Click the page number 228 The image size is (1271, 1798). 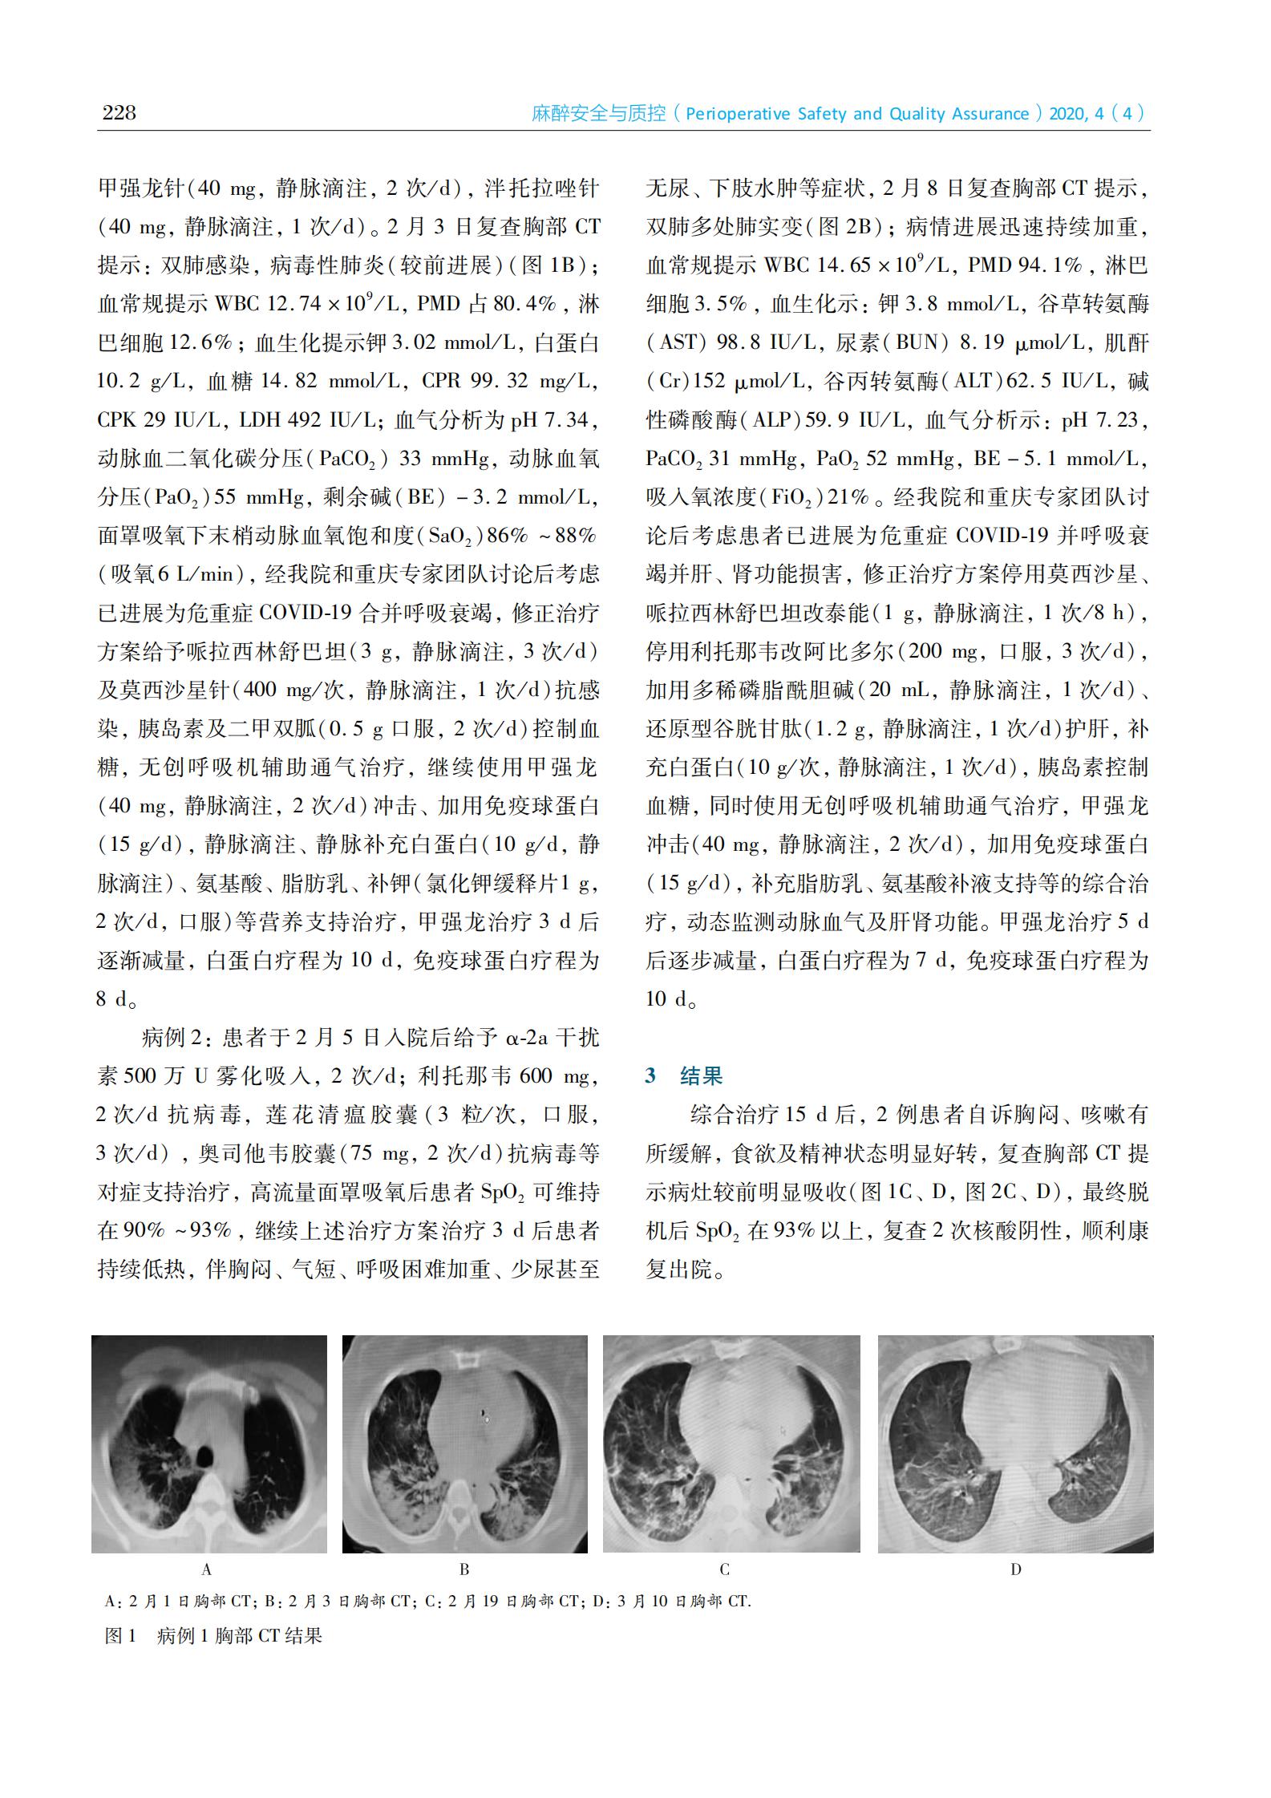(119, 113)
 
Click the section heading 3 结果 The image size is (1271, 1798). (684, 1075)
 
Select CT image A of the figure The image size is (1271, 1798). (208, 1444)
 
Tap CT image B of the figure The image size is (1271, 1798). (464, 1444)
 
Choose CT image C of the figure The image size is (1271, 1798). (731, 1444)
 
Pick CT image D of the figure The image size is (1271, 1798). (1015, 1444)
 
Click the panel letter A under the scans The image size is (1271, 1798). (207, 1569)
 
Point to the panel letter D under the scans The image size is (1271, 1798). (1016, 1569)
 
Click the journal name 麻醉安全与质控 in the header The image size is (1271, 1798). (599, 114)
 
